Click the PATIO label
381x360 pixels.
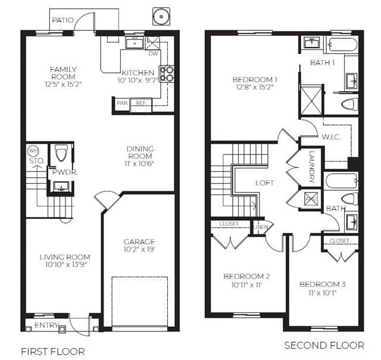pyautogui.click(x=63, y=20)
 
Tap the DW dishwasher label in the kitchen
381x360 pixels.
pyautogui.click(x=153, y=54)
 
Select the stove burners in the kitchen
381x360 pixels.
pyautogui.click(x=167, y=74)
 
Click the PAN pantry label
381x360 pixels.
pyautogui.click(x=122, y=103)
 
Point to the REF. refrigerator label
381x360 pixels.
pyautogui.click(x=141, y=103)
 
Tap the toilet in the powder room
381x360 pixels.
pyautogui.click(x=61, y=153)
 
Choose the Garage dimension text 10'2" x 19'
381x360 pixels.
pyautogui.click(x=139, y=249)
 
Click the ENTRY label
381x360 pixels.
pyautogui.click(x=46, y=325)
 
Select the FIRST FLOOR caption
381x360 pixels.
pyautogui.click(x=53, y=352)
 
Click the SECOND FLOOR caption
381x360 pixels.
pyautogui.click(x=324, y=346)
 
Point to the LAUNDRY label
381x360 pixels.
pyautogui.click(x=312, y=167)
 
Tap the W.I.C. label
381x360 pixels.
pyautogui.click(x=331, y=137)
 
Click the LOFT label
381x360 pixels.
pyautogui.click(x=265, y=182)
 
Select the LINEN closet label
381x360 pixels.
pyautogui.click(x=261, y=227)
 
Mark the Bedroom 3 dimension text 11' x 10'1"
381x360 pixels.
pyautogui.click(x=323, y=293)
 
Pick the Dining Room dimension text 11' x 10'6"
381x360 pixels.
pyautogui.click(x=139, y=163)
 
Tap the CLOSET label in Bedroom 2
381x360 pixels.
pyautogui.click(x=229, y=224)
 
